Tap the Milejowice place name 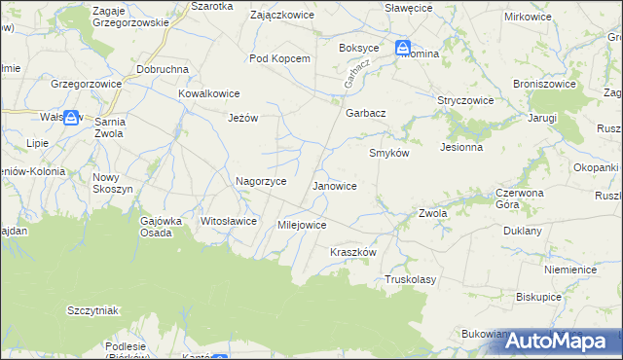[x=302, y=225]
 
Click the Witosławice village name [x=229, y=221]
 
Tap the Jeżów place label [x=242, y=118]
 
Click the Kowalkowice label [x=208, y=93]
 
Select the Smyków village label [x=389, y=154]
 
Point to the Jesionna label [x=461, y=148]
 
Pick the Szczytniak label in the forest [x=92, y=310]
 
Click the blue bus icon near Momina [x=404, y=48]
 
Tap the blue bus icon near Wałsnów [x=71, y=116]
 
